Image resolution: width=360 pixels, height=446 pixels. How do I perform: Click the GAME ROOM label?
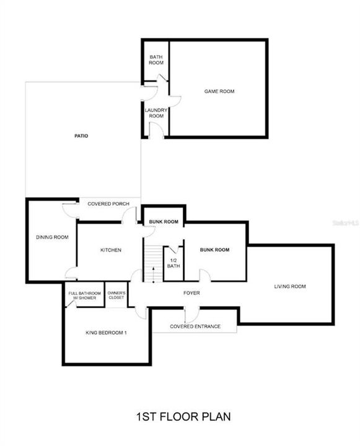point(219,91)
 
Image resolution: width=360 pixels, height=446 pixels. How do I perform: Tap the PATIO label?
point(81,136)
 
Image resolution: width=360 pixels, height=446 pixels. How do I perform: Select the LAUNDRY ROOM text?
point(156,113)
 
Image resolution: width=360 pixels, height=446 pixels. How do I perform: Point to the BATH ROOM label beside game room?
point(156,59)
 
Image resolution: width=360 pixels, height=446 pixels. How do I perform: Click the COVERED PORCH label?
point(108,204)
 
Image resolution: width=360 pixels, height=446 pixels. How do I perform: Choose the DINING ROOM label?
point(52,237)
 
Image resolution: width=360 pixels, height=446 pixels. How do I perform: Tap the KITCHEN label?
point(111,250)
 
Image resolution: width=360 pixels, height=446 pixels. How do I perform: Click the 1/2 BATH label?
point(173,263)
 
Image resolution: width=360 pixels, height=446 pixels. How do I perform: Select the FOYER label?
point(191,292)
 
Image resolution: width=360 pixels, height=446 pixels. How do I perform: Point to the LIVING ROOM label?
point(290,286)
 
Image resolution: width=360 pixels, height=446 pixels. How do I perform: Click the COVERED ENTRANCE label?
point(195,326)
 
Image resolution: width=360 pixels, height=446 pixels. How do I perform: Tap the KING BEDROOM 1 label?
point(106,333)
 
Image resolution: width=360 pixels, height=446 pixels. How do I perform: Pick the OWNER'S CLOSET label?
point(116,295)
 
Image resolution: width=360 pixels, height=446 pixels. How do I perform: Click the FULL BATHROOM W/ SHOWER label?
point(84,295)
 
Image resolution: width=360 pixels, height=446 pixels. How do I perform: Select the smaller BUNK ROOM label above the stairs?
point(164,222)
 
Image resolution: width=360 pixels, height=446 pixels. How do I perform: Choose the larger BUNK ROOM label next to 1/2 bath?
point(214,250)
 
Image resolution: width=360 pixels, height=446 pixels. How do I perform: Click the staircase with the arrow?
point(153,263)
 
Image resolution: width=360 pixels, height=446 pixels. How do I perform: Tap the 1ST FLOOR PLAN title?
point(183,417)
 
